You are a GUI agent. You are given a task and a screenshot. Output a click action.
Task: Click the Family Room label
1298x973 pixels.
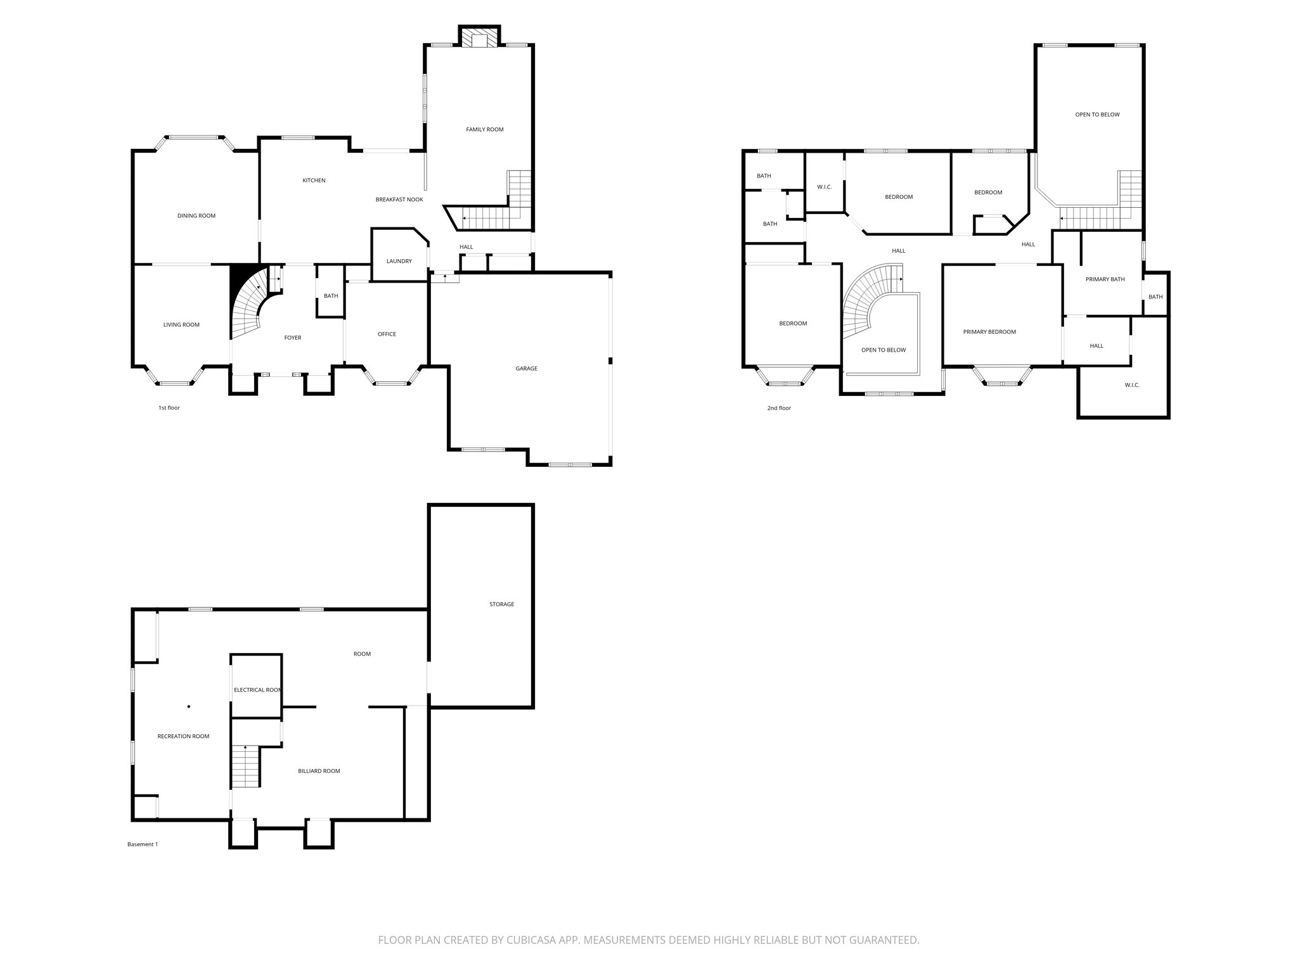point(485,129)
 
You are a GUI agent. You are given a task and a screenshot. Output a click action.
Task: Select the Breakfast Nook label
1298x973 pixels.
point(399,200)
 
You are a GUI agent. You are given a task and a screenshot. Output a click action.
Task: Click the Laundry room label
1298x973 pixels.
point(399,261)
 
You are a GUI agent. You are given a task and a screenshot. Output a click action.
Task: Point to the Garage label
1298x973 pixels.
point(526,368)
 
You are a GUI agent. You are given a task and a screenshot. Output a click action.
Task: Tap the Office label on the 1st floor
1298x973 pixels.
point(387,334)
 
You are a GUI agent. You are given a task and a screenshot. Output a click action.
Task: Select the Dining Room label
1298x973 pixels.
point(196,215)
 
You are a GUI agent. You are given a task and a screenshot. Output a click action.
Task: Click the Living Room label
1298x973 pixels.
point(181,324)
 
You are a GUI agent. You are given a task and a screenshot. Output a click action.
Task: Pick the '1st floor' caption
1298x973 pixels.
point(169,408)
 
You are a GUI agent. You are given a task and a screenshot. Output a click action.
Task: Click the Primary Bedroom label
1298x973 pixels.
point(989,332)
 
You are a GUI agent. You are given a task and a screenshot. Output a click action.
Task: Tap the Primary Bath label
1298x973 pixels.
point(1105,279)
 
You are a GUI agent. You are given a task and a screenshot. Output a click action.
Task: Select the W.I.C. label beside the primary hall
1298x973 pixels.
point(1132,385)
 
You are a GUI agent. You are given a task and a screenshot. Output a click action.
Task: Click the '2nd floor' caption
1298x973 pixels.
point(779,408)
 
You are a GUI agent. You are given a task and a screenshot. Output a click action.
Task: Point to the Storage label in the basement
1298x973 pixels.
point(501,604)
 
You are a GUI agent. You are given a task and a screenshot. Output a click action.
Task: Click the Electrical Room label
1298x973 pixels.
point(257,690)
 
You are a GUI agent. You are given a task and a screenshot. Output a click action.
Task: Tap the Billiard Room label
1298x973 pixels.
point(319,771)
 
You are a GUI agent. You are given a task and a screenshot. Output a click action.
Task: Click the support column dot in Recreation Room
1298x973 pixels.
point(189,706)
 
